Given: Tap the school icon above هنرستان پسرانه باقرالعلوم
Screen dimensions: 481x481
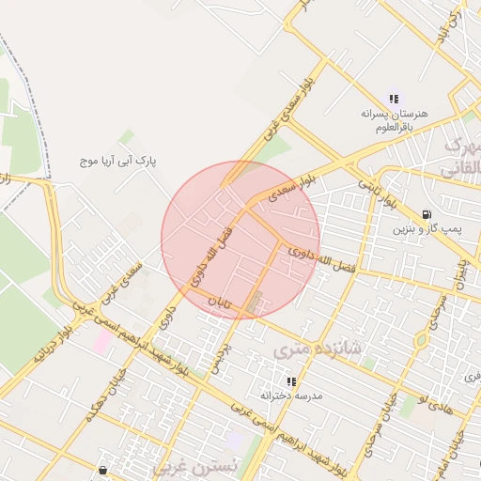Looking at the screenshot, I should pos(394,98).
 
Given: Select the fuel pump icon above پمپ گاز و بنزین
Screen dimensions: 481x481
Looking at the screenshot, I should pos(428,213).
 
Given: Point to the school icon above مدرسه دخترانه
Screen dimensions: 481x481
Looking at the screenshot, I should pos(291,381).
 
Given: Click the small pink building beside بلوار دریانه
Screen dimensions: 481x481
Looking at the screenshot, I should pos(100,342).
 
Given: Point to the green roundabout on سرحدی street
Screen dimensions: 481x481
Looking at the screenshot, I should pos(422,340).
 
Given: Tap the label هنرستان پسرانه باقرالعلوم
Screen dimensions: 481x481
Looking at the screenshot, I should pos(394,117).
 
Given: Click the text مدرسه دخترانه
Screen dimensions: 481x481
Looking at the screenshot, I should pos(291,396).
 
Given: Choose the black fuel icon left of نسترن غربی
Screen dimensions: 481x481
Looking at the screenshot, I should pos(101,470).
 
